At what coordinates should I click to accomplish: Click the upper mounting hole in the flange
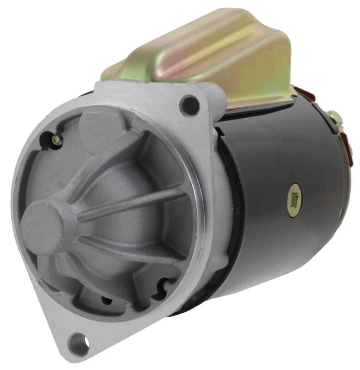[x=190, y=105]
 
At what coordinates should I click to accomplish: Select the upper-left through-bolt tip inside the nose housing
[x=57, y=140]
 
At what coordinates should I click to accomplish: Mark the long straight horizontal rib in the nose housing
[x=134, y=202]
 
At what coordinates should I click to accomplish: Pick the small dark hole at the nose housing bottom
[x=107, y=301]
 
